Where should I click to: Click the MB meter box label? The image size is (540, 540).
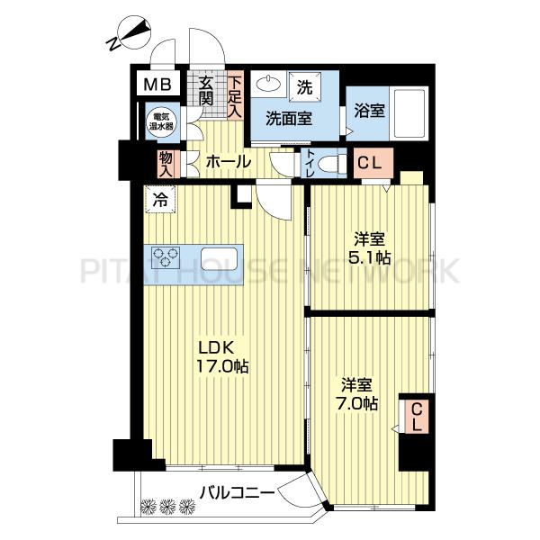pos(157,84)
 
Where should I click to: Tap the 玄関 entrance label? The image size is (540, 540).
pos(206,92)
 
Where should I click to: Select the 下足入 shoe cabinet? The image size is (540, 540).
pos(235,95)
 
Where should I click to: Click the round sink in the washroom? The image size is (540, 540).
pos(267,83)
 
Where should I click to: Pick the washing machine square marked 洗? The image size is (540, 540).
pos(305,87)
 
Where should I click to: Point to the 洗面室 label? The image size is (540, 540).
pos(289,119)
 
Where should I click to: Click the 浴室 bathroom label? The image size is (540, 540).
pos(369,111)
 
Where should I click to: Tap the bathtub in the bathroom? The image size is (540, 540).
pos(409,113)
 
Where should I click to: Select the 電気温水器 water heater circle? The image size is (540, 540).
pos(161,121)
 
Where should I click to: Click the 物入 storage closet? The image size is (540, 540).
pos(166,165)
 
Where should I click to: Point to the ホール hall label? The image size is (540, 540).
pos(229,162)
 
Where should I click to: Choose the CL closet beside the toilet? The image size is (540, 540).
pos(373,163)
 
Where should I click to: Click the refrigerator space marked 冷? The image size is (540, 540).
pos(160,199)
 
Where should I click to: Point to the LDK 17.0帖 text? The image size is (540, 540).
pos(222,356)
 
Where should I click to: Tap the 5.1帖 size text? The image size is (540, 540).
pos(369,257)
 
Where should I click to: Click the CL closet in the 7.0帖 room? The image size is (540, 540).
pos(417,416)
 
